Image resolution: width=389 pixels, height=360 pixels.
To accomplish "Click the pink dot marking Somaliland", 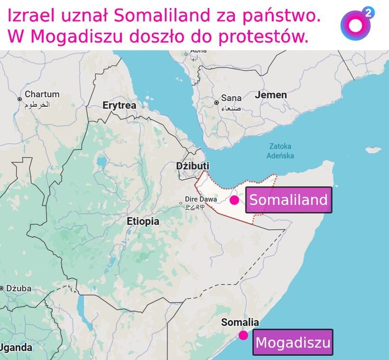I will (x=234, y=200).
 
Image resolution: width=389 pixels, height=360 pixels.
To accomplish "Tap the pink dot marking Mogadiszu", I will (x=243, y=335).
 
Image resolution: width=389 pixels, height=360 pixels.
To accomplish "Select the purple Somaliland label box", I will (x=288, y=200).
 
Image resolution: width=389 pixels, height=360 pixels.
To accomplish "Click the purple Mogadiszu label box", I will (x=292, y=342).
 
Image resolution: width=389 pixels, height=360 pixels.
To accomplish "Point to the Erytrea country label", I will (x=119, y=105).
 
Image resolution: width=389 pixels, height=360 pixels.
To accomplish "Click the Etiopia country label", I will (x=143, y=221).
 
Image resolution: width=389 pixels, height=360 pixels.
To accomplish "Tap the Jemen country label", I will (x=271, y=95).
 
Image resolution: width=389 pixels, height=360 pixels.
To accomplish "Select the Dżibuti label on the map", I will (x=192, y=166).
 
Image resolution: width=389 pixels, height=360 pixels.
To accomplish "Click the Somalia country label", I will (x=240, y=323).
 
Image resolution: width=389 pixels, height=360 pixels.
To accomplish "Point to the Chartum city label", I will (x=42, y=94).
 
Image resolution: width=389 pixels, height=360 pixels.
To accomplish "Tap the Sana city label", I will (x=231, y=98).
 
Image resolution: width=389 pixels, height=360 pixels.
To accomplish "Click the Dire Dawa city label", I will (x=201, y=199).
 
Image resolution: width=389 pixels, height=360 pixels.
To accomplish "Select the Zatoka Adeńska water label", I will (x=280, y=151).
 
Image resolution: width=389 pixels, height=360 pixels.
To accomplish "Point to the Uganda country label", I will (x=16, y=348).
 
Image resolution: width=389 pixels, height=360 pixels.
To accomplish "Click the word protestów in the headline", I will (x=266, y=37).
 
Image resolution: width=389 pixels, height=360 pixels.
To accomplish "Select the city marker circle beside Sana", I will (x=216, y=102).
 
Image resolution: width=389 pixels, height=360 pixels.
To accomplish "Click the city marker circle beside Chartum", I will (x=19, y=99).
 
